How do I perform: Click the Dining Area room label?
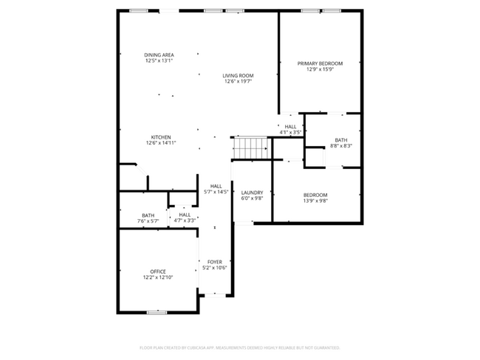click(x=159, y=55)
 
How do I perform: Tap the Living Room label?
click(x=239, y=75)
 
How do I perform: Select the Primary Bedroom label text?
click(x=320, y=63)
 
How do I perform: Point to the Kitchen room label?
click(x=161, y=137)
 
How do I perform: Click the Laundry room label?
click(x=252, y=193)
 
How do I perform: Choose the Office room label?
click(x=158, y=271)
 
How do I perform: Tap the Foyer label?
click(x=215, y=262)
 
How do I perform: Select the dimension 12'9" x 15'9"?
click(x=320, y=70)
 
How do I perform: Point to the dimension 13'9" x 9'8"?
click(x=315, y=201)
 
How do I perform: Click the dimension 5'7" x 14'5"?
click(x=216, y=193)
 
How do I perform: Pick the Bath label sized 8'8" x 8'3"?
click(x=340, y=140)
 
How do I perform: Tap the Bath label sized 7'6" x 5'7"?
click(x=148, y=215)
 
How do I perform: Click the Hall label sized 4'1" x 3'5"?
click(x=290, y=126)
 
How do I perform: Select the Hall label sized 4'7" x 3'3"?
click(x=184, y=215)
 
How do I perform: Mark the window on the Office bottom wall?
click(x=157, y=312)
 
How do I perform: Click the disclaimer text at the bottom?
click(x=240, y=347)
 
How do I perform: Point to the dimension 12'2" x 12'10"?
click(x=158, y=278)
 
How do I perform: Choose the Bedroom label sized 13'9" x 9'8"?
click(x=315, y=194)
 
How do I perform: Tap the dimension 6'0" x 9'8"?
click(x=252, y=199)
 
